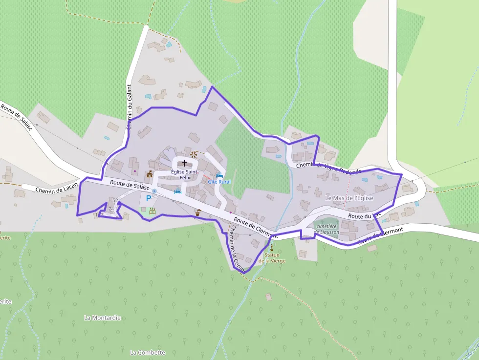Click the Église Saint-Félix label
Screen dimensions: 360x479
pyautogui.click(x=184, y=174)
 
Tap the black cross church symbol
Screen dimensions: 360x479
pyautogui.click(x=185, y=162)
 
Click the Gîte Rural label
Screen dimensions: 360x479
pyautogui.click(x=219, y=182)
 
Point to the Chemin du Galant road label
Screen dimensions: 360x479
pyautogui.click(x=130, y=107)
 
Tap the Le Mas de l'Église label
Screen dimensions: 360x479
pyautogui.click(x=349, y=198)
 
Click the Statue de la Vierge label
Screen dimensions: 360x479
pyautogui.click(x=272, y=257)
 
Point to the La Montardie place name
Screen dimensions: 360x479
pyautogui.click(x=102, y=318)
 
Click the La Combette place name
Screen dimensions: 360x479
pyautogui.click(x=148, y=352)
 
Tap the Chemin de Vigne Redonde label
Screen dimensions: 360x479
pyautogui.click(x=328, y=168)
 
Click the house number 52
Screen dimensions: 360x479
pyautogui.click(x=115, y=201)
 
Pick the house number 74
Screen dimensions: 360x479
pyautogui.click(x=111, y=209)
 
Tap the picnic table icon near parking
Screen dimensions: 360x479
pyautogui.click(x=152, y=211)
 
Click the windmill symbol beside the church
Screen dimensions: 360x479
pyautogui.click(x=194, y=154)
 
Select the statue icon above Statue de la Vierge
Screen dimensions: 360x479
pyautogui.click(x=272, y=247)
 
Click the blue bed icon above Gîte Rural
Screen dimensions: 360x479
pyautogui.click(x=219, y=175)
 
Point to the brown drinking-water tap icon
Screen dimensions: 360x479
pyautogui.click(x=198, y=212)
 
